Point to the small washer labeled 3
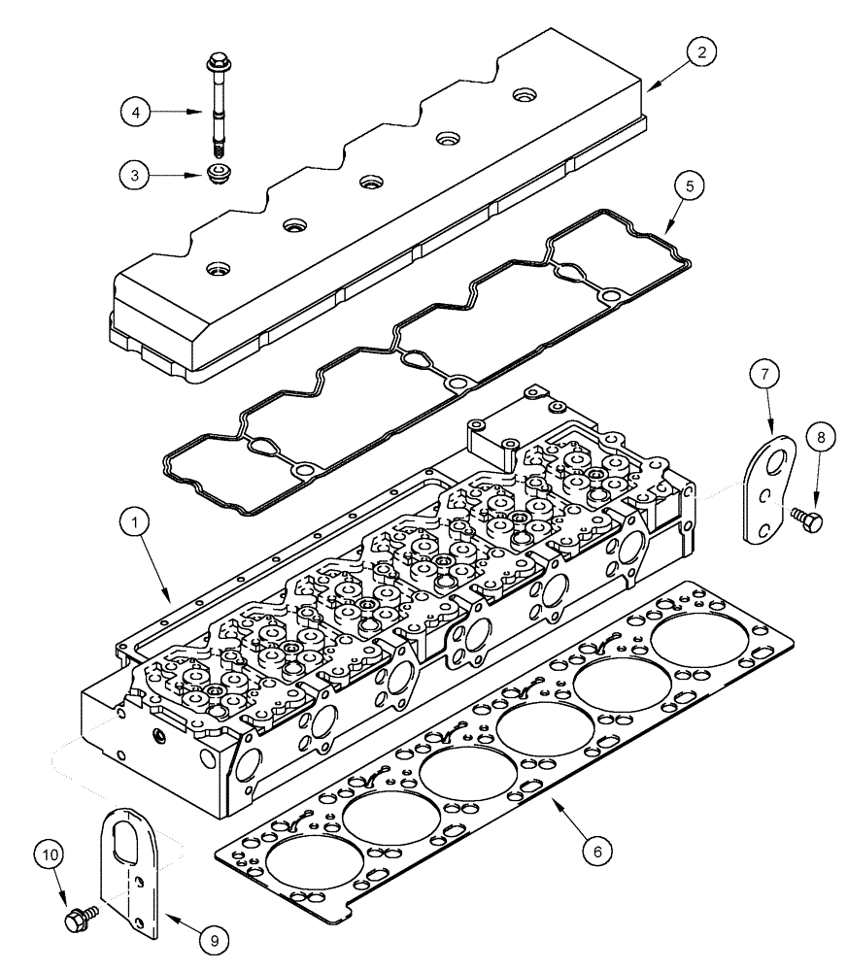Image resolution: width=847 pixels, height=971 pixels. [221, 176]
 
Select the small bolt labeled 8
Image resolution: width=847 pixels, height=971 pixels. [806, 520]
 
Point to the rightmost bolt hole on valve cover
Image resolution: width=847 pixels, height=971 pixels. [525, 95]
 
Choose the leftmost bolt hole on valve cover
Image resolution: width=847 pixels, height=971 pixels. [214, 267]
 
